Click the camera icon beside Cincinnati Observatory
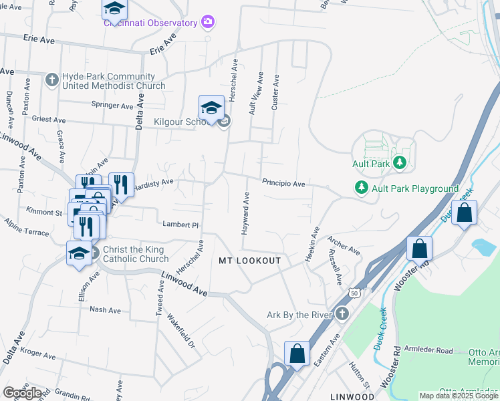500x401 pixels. click(208, 23)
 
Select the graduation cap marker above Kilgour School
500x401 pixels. click(211, 108)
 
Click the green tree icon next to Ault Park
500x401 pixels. click(400, 162)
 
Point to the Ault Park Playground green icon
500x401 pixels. click(362, 188)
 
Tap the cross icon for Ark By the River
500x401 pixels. click(342, 313)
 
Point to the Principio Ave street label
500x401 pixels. click(283, 183)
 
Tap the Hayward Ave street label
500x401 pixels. click(245, 213)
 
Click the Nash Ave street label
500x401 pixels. click(105, 310)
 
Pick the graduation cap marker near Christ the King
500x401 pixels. click(78, 254)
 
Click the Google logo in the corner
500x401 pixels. click(22, 393)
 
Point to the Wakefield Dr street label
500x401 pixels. click(180, 332)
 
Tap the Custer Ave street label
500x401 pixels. click(275, 100)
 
